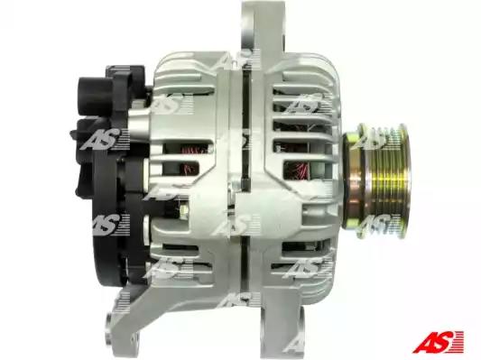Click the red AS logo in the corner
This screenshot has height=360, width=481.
pyautogui.click(x=438, y=342)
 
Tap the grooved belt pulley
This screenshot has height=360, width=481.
pyautogui.click(x=386, y=181)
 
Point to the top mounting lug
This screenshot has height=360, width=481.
pyautogui.click(x=264, y=28)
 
